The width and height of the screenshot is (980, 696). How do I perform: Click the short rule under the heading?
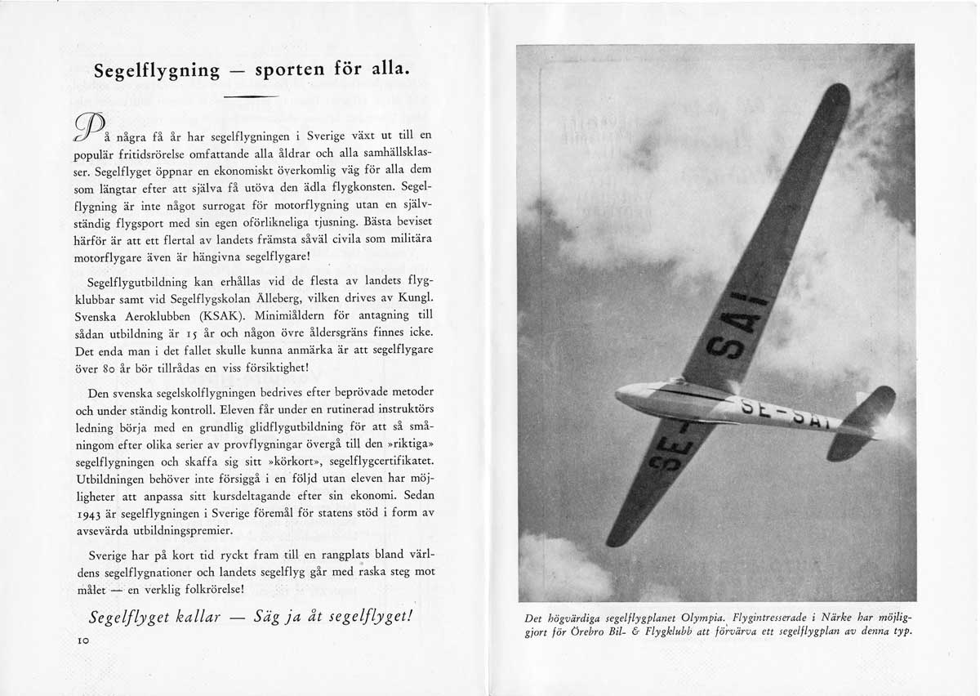250,98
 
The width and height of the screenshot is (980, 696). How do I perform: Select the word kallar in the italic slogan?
187,618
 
